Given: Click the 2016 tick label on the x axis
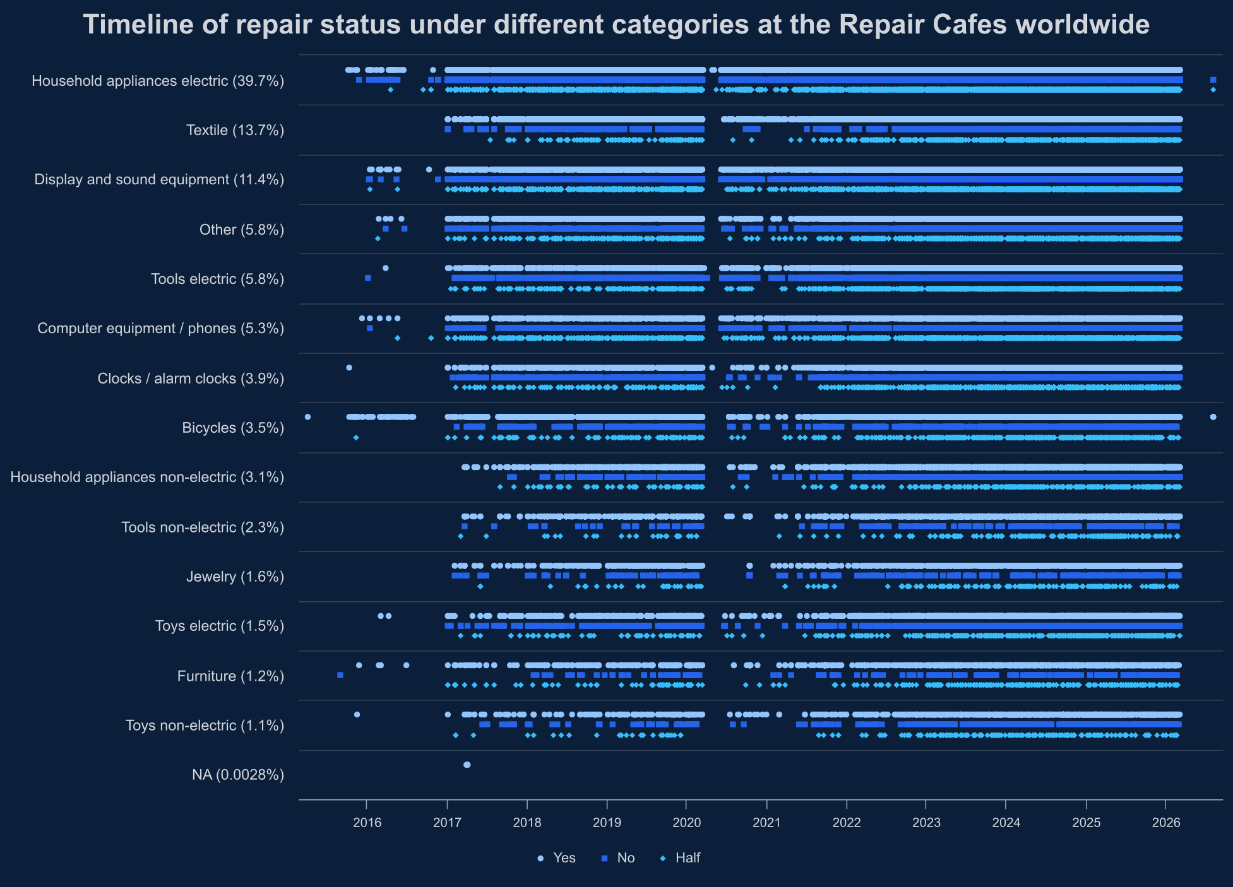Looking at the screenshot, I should [x=367, y=823].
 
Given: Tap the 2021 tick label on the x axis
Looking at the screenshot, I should [x=766, y=823].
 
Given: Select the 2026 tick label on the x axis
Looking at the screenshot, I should [x=1166, y=823].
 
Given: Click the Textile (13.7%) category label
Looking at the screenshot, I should [x=235, y=130].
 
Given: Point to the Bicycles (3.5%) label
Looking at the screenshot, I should [x=233, y=428].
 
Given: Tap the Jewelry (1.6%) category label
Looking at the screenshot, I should [x=235, y=577].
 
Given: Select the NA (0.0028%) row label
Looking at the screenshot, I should [x=237, y=775].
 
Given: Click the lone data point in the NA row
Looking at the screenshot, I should [x=467, y=765].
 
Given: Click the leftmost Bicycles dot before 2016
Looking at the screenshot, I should [x=307, y=417].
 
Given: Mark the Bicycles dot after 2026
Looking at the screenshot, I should [x=1213, y=417].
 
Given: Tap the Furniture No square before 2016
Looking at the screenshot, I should [x=340, y=675].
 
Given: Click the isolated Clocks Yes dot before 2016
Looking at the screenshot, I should [x=349, y=368].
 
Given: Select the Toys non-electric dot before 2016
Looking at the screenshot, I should [x=357, y=715].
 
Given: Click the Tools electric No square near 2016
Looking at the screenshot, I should [x=368, y=278].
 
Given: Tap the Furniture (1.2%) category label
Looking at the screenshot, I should [x=230, y=676].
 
